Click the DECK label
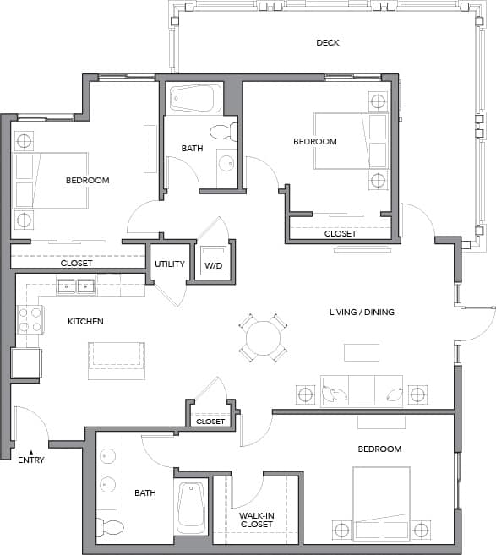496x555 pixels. point(327,42)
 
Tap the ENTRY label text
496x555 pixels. point(31,460)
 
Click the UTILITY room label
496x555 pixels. point(169,264)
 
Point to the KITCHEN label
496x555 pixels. point(85,321)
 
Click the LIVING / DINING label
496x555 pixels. point(362,313)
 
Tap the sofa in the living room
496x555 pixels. point(360,390)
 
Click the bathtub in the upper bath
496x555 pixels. point(195,99)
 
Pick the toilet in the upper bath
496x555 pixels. point(223,132)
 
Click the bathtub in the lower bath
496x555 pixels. point(192,508)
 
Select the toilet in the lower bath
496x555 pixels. point(110,528)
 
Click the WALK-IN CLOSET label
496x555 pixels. point(257,519)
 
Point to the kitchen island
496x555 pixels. point(117,355)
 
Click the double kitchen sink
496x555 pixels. point(76,286)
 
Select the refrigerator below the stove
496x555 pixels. point(26,362)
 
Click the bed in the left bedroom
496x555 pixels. point(51,180)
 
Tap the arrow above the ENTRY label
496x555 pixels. point(31,451)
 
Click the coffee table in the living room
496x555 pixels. point(361,352)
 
